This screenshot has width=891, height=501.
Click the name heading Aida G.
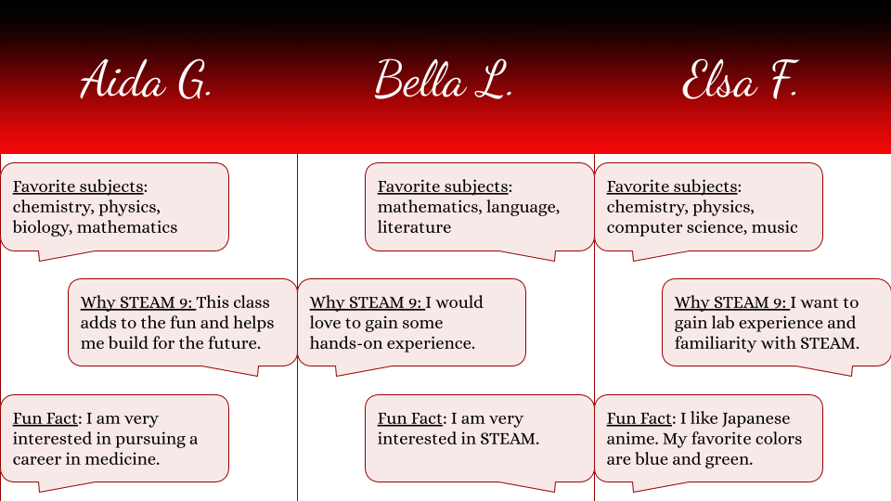click(x=146, y=80)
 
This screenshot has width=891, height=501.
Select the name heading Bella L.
click(x=444, y=80)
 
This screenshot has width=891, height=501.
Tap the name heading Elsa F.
click(x=741, y=80)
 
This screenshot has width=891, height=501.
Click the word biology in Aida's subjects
click(x=41, y=228)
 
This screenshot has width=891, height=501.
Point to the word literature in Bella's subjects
click(x=414, y=227)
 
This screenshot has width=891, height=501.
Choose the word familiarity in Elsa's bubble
click(x=715, y=343)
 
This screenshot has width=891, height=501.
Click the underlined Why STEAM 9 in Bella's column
click(x=366, y=302)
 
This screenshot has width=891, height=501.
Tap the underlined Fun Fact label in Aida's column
click(x=45, y=418)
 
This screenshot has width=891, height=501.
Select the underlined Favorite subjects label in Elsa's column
click(x=672, y=186)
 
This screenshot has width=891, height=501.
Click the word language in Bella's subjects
click(x=523, y=207)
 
